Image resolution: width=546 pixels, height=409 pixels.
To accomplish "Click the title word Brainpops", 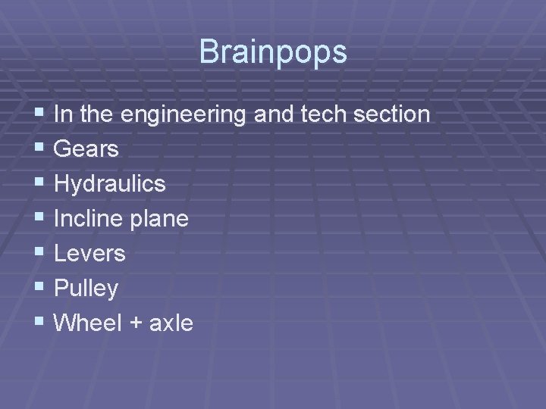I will [x=273, y=52].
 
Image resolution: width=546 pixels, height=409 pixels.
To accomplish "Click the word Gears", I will [x=87, y=149].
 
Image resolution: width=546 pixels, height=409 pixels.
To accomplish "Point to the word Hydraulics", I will [x=110, y=184].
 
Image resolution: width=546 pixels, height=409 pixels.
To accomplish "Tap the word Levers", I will [x=90, y=253].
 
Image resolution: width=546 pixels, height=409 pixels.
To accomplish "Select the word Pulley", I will [x=86, y=289].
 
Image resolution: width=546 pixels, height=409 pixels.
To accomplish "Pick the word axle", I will [x=172, y=323].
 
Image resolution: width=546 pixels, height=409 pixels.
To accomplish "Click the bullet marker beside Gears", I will [x=39, y=149].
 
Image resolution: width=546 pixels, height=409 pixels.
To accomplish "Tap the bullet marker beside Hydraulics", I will [x=39, y=184].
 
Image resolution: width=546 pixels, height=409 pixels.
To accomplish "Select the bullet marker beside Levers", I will [x=39, y=253].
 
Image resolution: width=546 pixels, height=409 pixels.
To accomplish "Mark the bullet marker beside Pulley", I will [x=39, y=288].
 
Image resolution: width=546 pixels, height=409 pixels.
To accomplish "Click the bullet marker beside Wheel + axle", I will [x=39, y=323].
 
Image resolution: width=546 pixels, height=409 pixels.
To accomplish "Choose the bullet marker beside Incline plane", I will [x=39, y=219].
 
